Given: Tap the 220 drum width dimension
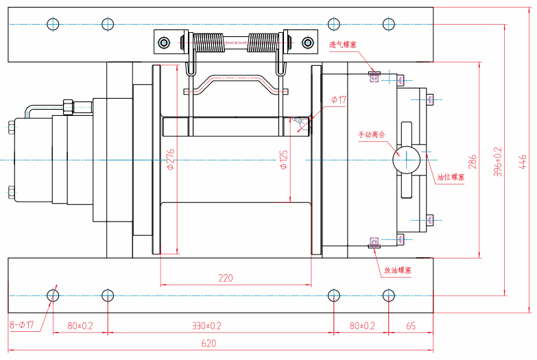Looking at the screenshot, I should click(x=226, y=278).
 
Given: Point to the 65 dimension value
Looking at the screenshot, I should click(x=411, y=326).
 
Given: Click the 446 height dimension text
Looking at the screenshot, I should click(x=523, y=161).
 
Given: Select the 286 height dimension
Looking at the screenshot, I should click(x=473, y=162).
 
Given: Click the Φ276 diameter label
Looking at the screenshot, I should click(x=171, y=159).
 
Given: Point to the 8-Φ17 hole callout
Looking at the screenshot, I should click(x=22, y=326).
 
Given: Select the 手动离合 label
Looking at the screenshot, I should click(x=372, y=134).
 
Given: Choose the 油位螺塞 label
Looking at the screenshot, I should click(x=451, y=177).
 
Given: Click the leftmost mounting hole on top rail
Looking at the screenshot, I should click(x=53, y=24).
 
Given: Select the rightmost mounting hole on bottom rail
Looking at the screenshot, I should click(x=389, y=296).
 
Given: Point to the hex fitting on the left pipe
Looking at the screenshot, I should click(x=68, y=108).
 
